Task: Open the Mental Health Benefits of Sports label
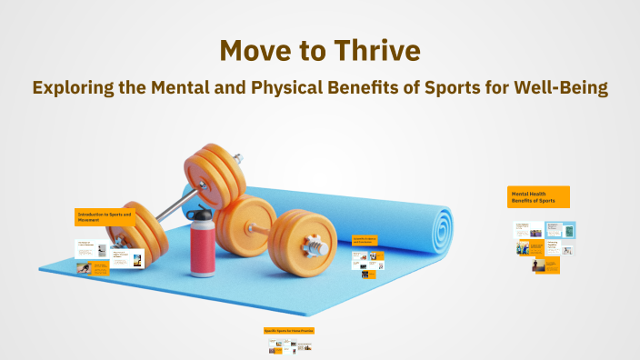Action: pyautogui.click(x=538, y=197)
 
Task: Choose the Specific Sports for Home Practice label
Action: pyautogui.click(x=288, y=330)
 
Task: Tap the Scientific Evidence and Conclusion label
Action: pyautogui.click(x=365, y=241)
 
